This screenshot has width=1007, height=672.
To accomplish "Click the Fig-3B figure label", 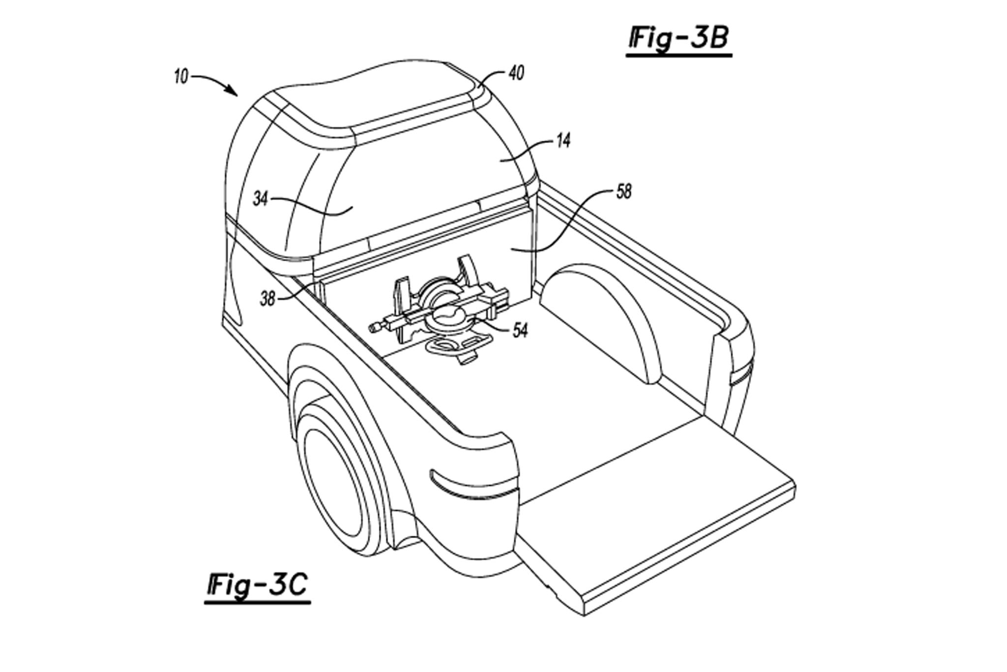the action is (679, 39).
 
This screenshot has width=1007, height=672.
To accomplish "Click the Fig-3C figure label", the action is (257, 586).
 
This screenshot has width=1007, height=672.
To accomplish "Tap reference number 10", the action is (181, 77).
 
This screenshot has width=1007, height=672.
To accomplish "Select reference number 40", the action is (516, 73).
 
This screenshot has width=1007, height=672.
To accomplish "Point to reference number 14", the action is (563, 141).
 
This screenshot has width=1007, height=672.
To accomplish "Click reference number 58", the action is (623, 191).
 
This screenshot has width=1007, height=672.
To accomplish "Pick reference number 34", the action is (261, 199).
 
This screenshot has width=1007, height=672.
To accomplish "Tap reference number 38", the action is (268, 299).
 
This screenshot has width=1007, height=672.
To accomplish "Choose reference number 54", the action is (519, 330).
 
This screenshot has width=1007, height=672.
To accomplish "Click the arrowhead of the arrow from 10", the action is (233, 91).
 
